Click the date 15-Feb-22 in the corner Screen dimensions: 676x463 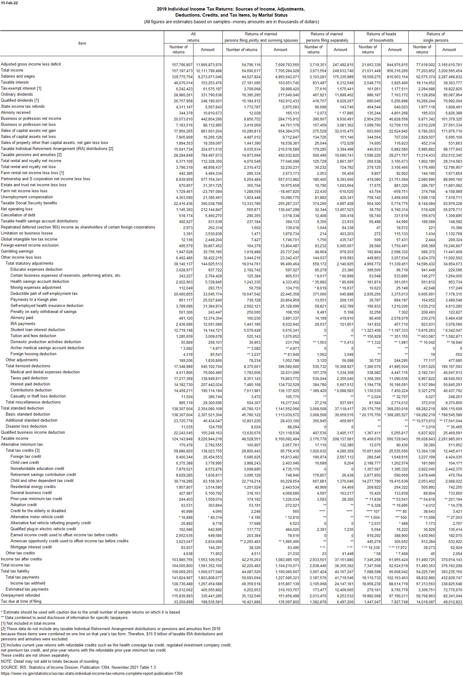(x=9, y=3)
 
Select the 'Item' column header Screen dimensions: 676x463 (x=82, y=43)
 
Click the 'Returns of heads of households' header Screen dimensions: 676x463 (x=381, y=37)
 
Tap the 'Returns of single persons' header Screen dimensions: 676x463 (x=436, y=37)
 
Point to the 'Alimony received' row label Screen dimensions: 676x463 (x=16, y=113)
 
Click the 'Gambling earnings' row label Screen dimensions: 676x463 (x=17, y=251)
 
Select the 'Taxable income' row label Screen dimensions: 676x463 (x=14, y=438)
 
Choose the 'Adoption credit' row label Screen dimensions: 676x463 (x=24, y=505)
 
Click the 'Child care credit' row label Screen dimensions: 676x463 (x=24, y=463)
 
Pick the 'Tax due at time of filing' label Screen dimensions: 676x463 (x=21, y=593)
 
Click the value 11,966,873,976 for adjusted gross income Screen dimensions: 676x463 (x=209, y=65)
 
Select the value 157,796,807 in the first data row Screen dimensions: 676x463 (x=182, y=65)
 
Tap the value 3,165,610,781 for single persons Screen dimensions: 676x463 (x=450, y=65)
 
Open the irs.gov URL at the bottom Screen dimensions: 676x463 (x=91, y=673)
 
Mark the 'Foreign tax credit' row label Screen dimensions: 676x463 (x=26, y=457)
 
